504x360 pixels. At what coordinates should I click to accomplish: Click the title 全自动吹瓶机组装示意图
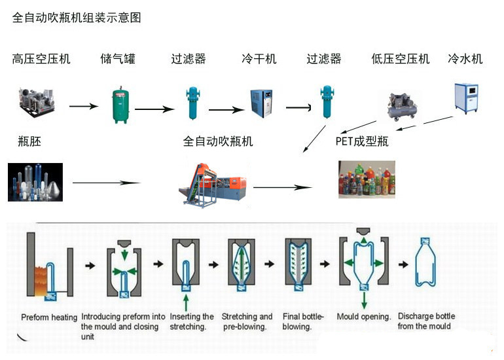click(x=77, y=18)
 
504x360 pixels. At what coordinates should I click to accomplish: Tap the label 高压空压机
click(x=41, y=59)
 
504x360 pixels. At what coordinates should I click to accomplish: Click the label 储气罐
click(x=118, y=59)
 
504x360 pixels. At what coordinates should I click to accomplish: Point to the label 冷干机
click(x=259, y=59)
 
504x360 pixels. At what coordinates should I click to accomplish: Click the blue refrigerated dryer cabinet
click(x=261, y=103)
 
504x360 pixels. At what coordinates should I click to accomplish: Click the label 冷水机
click(x=465, y=59)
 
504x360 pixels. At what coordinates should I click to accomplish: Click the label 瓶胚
click(x=30, y=141)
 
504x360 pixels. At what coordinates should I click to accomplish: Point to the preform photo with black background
click(x=35, y=181)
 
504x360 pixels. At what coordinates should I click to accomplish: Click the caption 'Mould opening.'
click(x=364, y=317)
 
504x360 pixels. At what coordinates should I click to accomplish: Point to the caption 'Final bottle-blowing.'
click(x=303, y=321)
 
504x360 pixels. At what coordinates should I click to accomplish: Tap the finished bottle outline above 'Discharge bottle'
click(x=429, y=265)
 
